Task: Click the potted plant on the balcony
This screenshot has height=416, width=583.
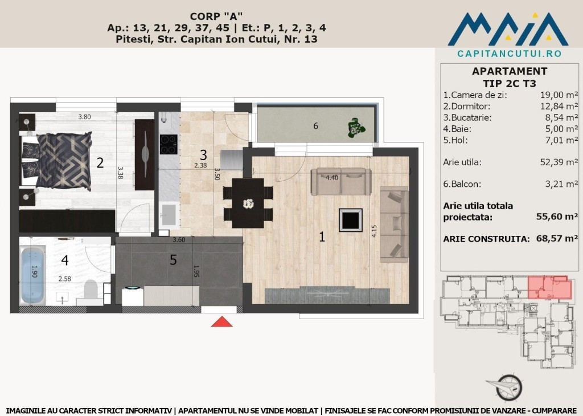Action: (x=357, y=128)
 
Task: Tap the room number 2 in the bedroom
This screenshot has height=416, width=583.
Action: (x=100, y=164)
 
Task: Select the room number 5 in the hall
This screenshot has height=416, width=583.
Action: (x=173, y=260)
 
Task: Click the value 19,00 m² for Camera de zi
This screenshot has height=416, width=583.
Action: (x=559, y=95)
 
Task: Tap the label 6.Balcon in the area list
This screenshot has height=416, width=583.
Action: (x=461, y=184)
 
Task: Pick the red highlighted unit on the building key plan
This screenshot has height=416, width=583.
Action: (x=549, y=288)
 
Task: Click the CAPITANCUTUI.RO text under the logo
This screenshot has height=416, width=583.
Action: (x=509, y=54)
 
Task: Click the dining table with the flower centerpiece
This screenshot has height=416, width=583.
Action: (x=248, y=203)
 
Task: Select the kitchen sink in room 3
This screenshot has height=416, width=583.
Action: (x=169, y=215)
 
